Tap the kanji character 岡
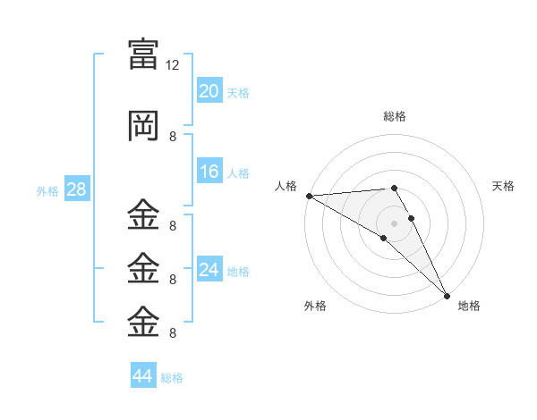coord(144,126)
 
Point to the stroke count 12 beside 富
coord(173,65)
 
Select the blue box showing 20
coord(209,91)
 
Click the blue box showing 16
coord(209,172)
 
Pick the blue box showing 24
coord(209,270)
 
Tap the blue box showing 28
coord(76,189)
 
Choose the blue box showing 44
coord(143,376)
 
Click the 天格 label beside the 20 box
coord(238,93)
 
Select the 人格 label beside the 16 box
coord(238,173)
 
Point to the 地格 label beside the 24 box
coord(238,272)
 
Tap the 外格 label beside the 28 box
coord(47,191)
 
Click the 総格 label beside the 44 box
coord(172,378)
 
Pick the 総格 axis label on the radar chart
coord(395,116)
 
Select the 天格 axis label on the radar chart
coord(504,186)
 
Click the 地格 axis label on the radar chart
coord(469,306)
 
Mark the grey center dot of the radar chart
coord(394,222)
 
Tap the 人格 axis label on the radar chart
coord(286,186)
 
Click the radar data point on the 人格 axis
coord(309,196)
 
